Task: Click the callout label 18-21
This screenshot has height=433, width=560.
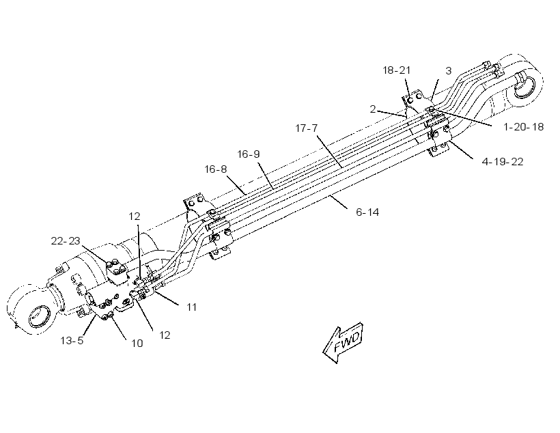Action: point(396,70)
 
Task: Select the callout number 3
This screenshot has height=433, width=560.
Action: point(449,71)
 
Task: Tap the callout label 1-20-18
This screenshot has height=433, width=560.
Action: point(524,127)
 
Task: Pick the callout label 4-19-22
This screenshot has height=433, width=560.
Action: point(503,161)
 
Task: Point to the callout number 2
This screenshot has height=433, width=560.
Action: point(373,109)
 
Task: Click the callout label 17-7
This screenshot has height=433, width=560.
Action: point(307,128)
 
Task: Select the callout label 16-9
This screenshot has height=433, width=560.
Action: point(249,154)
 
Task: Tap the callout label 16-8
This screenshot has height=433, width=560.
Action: point(215,169)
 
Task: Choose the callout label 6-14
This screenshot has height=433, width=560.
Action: point(367,212)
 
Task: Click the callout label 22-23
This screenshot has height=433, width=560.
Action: point(66,241)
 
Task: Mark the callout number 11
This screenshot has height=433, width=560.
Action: point(192,307)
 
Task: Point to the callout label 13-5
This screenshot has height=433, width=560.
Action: point(72,341)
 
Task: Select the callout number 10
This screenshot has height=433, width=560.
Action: point(137,344)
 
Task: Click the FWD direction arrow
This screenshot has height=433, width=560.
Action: point(344,342)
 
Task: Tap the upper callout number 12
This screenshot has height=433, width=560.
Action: point(135,216)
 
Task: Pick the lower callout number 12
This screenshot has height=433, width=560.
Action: point(165,335)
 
